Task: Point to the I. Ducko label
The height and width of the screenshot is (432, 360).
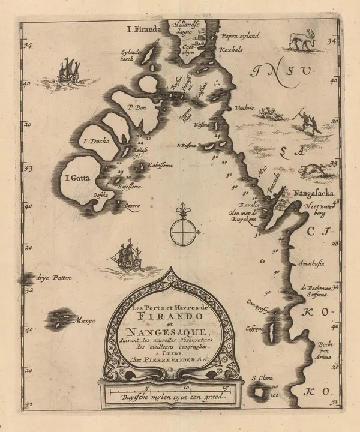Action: pyautogui.click(x=95, y=142)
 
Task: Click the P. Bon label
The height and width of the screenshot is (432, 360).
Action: pyautogui.click(x=137, y=108)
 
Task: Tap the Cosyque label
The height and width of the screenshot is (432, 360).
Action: pyautogui.click(x=254, y=329)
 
